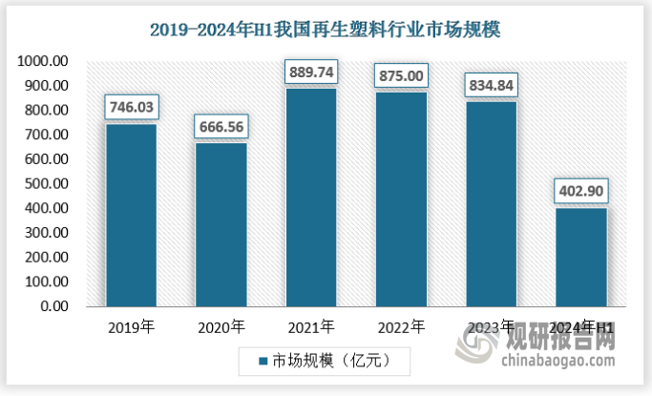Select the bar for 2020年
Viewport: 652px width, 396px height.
[x=221, y=224]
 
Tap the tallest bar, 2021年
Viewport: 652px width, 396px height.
[x=311, y=198]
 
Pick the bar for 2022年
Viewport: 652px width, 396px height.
[x=402, y=199]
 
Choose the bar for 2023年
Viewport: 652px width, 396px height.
[x=492, y=204]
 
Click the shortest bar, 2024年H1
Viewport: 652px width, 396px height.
[x=581, y=258]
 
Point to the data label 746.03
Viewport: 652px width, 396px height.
[x=131, y=107]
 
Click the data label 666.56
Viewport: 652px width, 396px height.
[x=221, y=126]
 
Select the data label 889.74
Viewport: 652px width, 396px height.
[x=311, y=71]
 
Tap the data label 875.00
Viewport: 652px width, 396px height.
[x=402, y=74]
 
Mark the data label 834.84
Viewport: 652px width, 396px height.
[x=492, y=85]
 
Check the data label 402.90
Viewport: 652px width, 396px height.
[x=581, y=191]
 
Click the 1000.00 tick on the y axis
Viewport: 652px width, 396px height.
[x=42, y=61]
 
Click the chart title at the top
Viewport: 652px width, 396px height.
[x=326, y=30]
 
